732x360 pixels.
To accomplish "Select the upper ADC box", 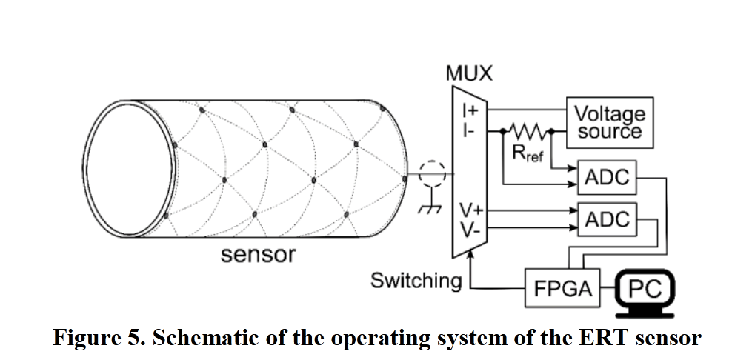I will (607, 178).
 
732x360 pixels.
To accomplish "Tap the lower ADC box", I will (607, 220).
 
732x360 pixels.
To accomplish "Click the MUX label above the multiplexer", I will (469, 74).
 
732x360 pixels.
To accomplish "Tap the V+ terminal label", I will (469, 210).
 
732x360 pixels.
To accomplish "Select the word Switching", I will (416, 281).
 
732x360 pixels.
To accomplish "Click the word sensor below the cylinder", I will (259, 255).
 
